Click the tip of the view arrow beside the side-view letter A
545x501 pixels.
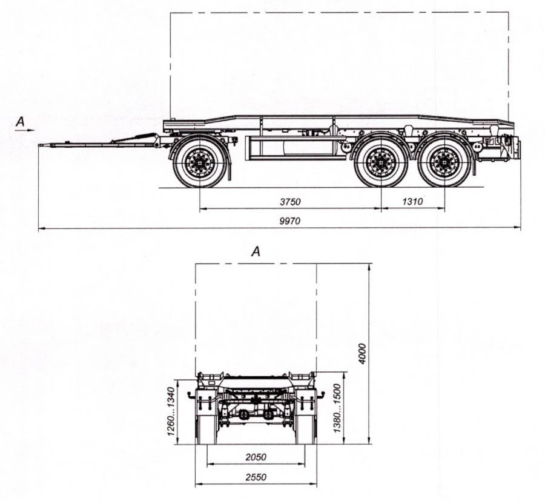click(x=35, y=130)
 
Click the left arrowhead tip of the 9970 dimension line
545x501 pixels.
click(x=38, y=228)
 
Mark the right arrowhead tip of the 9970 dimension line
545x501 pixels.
click(x=521, y=228)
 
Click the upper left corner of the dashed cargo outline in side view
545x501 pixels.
click(x=170, y=13)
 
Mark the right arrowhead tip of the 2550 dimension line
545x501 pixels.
click(x=317, y=483)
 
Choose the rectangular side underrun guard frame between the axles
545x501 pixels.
click(x=296, y=148)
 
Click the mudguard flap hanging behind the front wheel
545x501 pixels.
click(x=229, y=164)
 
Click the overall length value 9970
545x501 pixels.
click(x=290, y=221)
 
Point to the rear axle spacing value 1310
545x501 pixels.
click(x=412, y=202)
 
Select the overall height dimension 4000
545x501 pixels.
click(x=362, y=354)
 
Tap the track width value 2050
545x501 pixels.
click(x=256, y=457)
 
